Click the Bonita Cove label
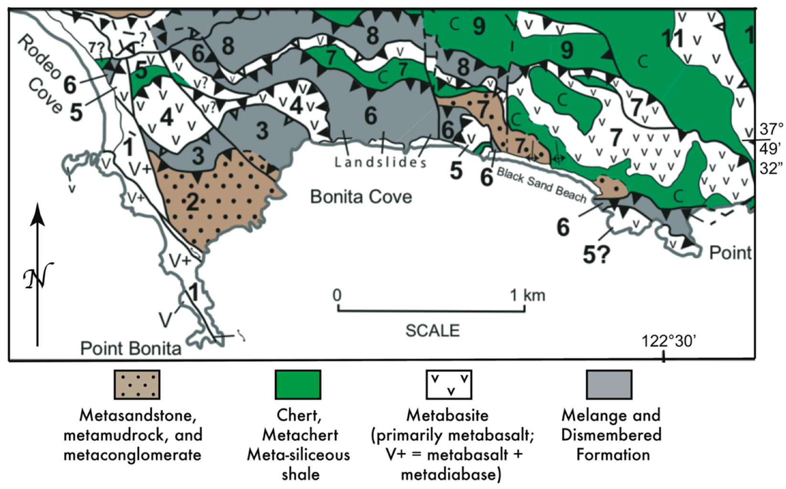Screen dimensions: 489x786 (361, 196)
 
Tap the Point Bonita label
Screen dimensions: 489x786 (130, 348)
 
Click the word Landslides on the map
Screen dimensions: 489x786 (380, 163)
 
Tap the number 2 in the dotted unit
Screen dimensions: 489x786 (192, 203)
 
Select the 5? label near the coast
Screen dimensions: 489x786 (596, 255)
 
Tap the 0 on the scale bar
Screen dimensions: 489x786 (337, 295)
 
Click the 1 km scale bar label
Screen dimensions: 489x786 (528, 295)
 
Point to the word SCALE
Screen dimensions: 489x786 (432, 331)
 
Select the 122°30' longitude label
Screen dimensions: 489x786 (668, 341)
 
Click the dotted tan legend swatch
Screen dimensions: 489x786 (137, 384)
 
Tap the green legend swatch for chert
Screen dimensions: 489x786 (297, 384)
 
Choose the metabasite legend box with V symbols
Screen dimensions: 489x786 (448, 384)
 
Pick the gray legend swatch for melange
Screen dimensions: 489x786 (609, 384)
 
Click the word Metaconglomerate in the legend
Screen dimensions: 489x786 (132, 455)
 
